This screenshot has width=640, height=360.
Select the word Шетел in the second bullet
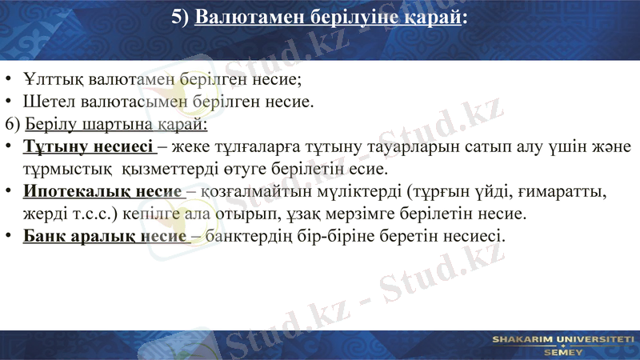(46, 102)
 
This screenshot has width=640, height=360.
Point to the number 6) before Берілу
(13, 125)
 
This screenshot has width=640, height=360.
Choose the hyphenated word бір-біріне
(350, 237)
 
